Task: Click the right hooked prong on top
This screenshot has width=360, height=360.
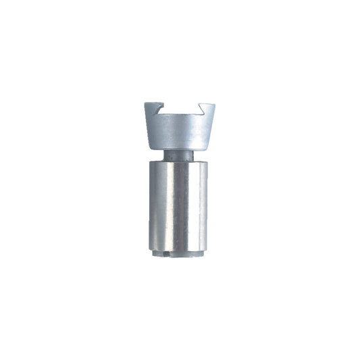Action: [207, 107]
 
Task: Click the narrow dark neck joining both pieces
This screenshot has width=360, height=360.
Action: [179, 155]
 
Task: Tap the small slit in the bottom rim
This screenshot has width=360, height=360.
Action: [168, 255]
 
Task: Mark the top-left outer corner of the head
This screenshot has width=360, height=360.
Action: [145, 103]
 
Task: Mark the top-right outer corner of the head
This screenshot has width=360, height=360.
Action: [215, 103]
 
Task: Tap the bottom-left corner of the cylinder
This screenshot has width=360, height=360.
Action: [149, 251]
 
